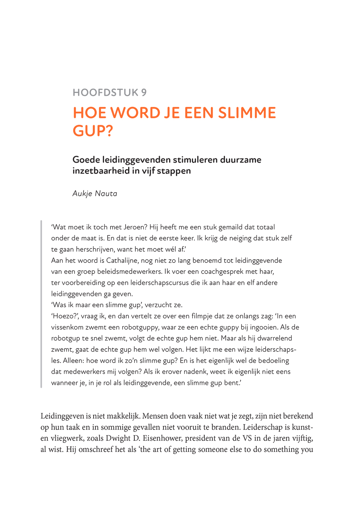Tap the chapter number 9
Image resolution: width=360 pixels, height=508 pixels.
[x=144, y=93]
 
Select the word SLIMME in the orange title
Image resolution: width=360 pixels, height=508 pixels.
[x=247, y=113]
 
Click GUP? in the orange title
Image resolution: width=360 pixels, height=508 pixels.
[x=93, y=131]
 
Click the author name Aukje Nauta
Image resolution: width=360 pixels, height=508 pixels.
[x=95, y=193]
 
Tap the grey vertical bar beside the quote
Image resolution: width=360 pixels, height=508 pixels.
[x=41, y=304]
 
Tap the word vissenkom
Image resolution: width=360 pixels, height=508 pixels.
[x=67, y=327]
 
